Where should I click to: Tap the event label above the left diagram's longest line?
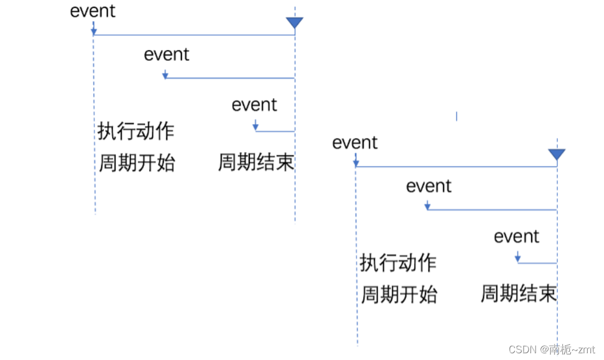pyautogui.click(x=93, y=11)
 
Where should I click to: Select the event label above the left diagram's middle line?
pyautogui.click(x=167, y=54)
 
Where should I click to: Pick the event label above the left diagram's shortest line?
pyautogui.click(x=254, y=105)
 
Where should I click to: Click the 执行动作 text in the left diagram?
pyautogui.click(x=136, y=131)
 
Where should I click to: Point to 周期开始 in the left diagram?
pyautogui.click(x=137, y=163)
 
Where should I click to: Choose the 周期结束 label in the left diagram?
pyautogui.click(x=256, y=163)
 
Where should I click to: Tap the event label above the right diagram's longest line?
pyautogui.click(x=355, y=143)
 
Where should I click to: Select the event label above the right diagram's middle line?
pyautogui.click(x=429, y=186)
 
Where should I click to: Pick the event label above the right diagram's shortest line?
pyautogui.click(x=516, y=236)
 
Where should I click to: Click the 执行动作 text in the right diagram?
pyautogui.click(x=398, y=263)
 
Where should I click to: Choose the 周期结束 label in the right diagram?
pyautogui.click(x=518, y=294)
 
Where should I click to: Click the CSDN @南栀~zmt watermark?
pyautogui.click(x=551, y=349)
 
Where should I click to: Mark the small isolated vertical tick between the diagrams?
pyautogui.click(x=456, y=116)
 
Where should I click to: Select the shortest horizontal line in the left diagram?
pyautogui.click(x=275, y=131)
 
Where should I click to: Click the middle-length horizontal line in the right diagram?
pyautogui.click(x=492, y=210)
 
